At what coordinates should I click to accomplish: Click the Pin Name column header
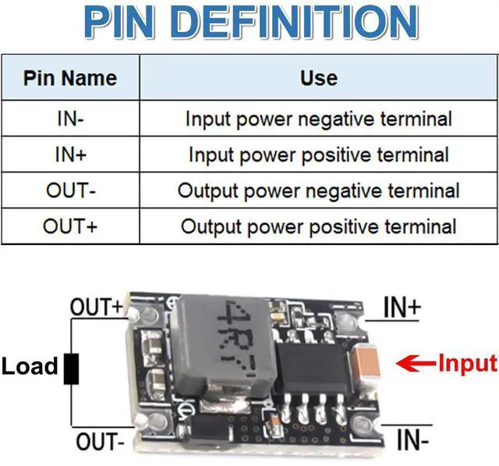[x=70, y=78]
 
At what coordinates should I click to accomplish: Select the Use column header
[x=318, y=78]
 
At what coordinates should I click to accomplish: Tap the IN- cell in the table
[x=70, y=119]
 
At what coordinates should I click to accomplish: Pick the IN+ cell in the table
[x=70, y=154]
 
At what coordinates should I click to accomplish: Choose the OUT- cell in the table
[x=70, y=190]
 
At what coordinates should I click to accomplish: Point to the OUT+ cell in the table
[x=70, y=226]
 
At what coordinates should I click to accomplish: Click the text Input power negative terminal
[x=318, y=119]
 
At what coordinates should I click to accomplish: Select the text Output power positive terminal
[x=318, y=226]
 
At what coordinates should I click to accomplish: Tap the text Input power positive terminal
[x=318, y=154]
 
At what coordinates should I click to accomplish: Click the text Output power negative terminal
[x=318, y=190]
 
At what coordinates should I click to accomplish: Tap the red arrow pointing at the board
[x=416, y=363]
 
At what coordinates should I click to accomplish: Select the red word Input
[x=466, y=363]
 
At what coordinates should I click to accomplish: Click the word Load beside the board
[x=30, y=366]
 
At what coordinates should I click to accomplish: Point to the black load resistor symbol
[x=72, y=367]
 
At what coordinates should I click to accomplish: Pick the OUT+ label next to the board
[x=97, y=307]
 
